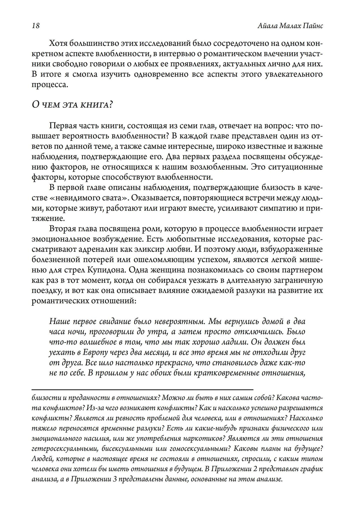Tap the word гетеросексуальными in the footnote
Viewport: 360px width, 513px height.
click(x=65, y=449)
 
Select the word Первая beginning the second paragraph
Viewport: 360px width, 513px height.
click(x=63, y=126)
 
